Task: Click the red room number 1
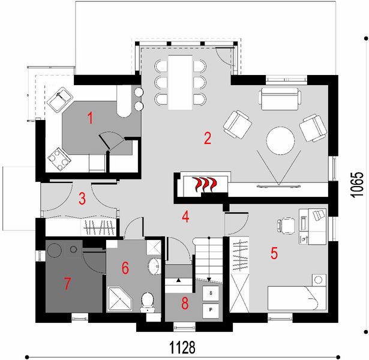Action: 90,118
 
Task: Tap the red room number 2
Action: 208,139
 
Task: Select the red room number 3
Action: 83,198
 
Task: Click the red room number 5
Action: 274,253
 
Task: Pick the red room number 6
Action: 125,268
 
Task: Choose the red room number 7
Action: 68,283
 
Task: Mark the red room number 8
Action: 185,304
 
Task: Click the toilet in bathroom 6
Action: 146,302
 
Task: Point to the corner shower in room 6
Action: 118,298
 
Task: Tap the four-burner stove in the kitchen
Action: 58,158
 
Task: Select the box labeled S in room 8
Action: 211,293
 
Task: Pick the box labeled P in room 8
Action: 211,310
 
